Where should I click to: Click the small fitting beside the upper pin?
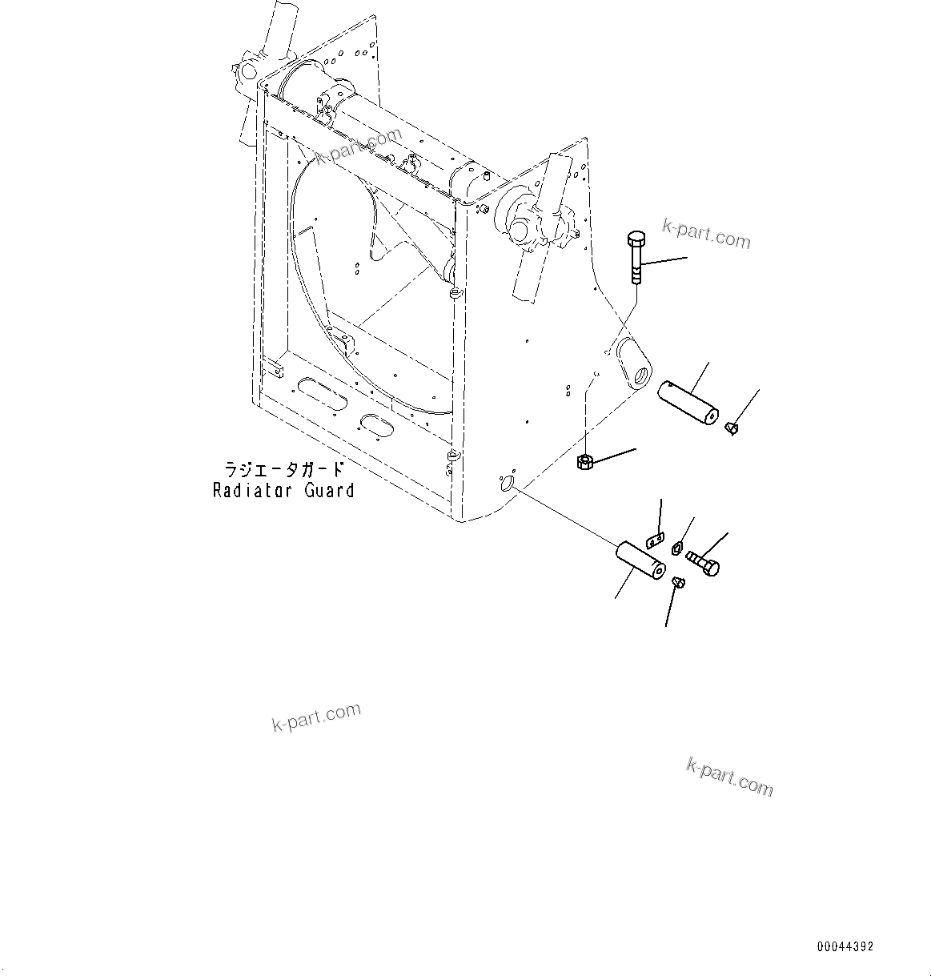[x=731, y=429]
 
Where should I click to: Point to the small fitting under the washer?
[x=679, y=582]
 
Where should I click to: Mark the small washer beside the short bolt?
[x=676, y=548]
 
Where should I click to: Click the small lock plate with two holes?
[x=654, y=540]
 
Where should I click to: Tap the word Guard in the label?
[x=328, y=491]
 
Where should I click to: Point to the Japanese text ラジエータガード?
[x=283, y=470]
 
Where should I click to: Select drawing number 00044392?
[x=845, y=946]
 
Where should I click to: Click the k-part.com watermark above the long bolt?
[x=706, y=233]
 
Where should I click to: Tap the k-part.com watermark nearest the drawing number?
[x=729, y=776]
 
